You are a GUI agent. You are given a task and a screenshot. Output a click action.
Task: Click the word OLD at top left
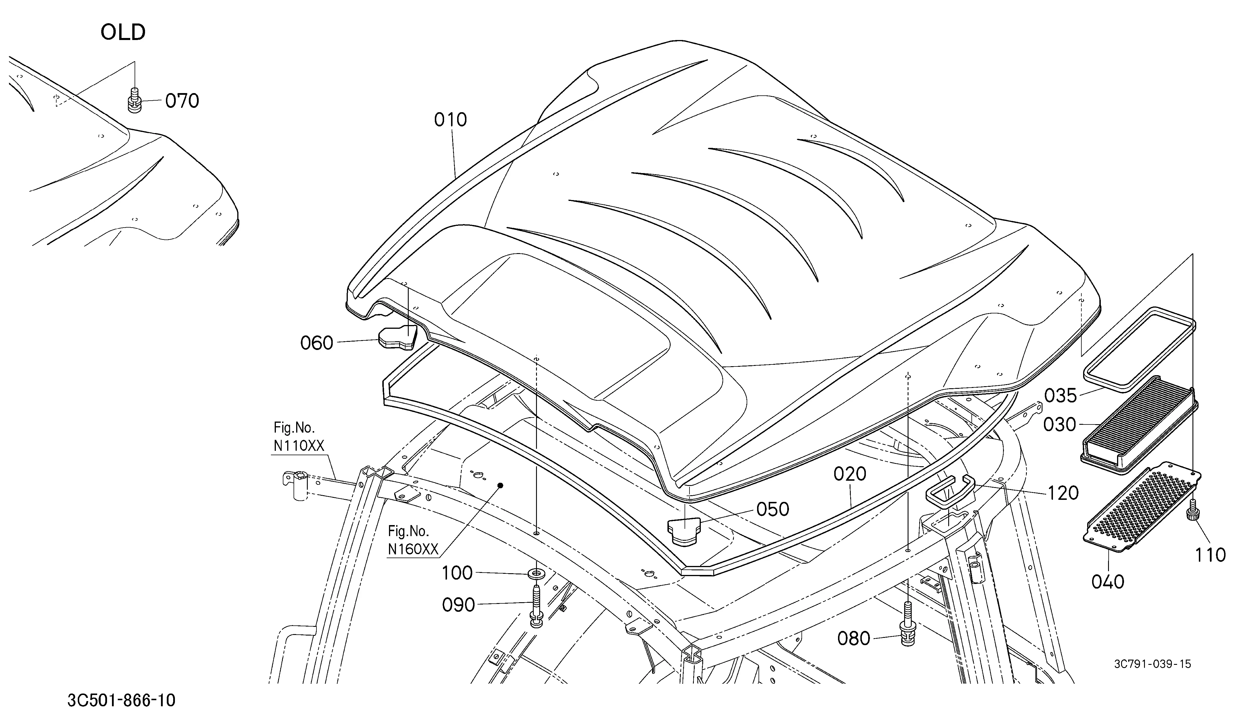click(x=123, y=33)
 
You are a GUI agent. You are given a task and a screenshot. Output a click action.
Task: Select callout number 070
click(x=182, y=101)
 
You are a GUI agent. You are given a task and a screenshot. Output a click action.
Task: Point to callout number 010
click(x=450, y=120)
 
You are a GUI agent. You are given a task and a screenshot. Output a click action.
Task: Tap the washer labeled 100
click(x=536, y=574)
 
